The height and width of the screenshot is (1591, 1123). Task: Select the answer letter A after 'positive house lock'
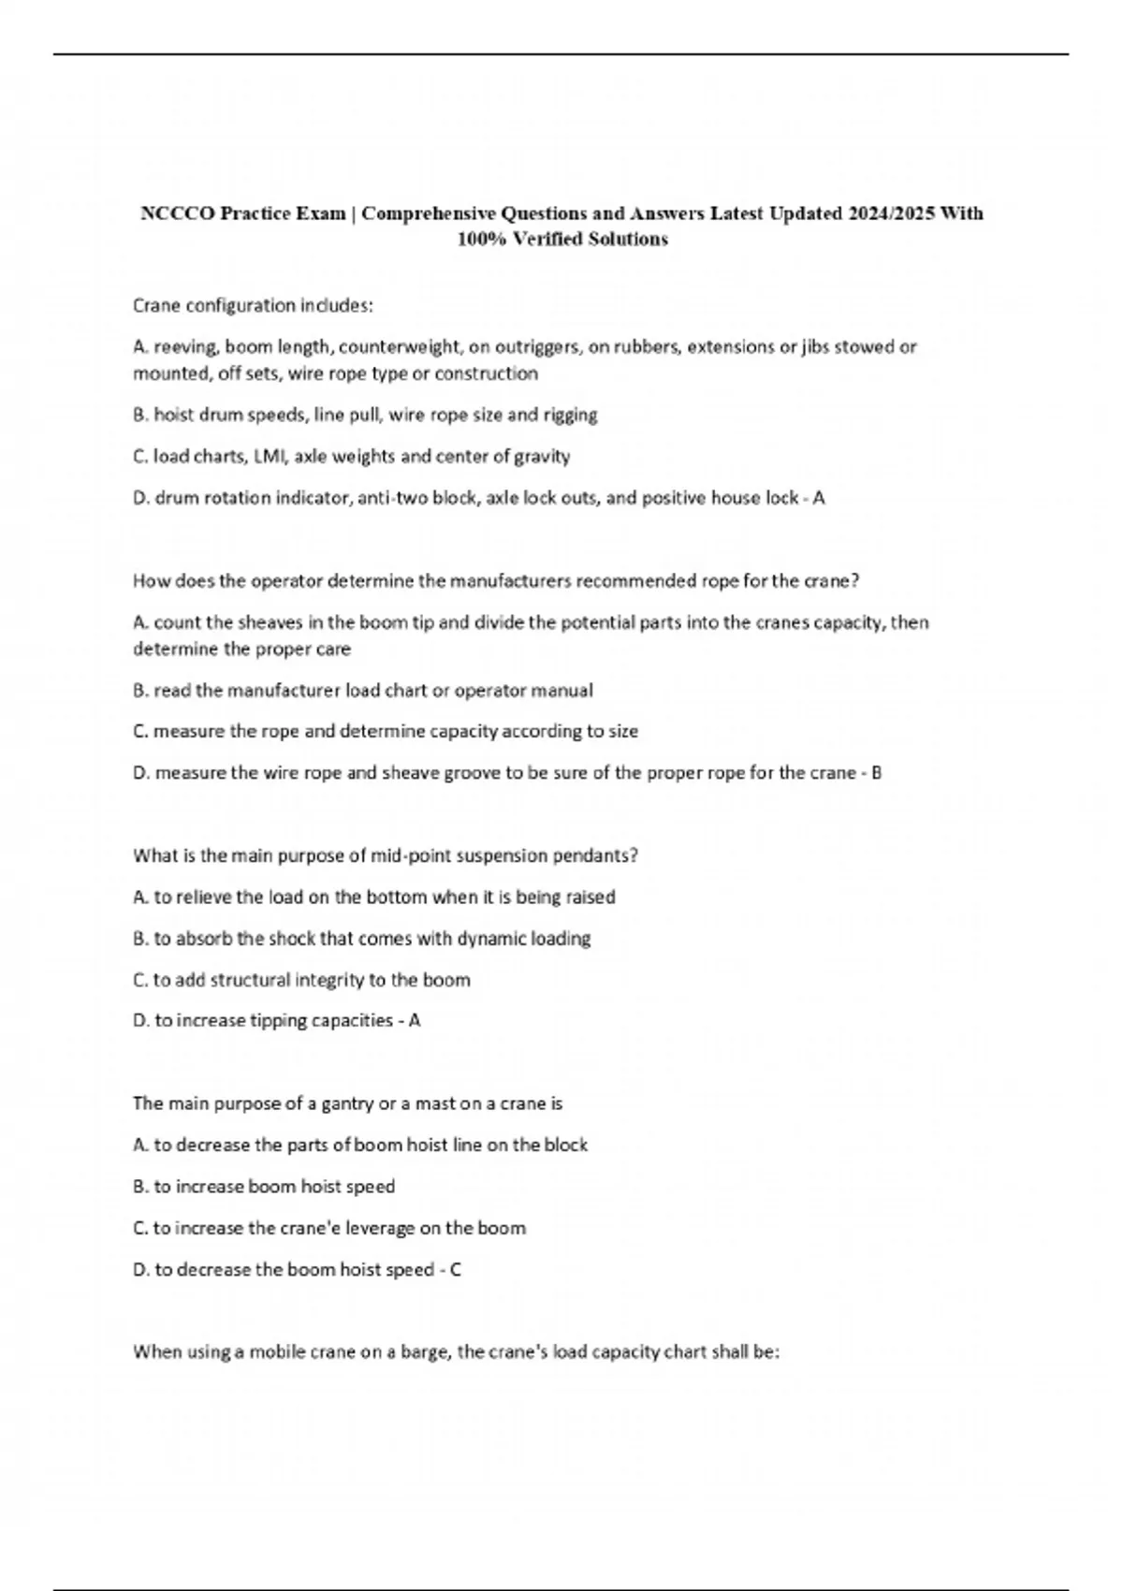pyautogui.click(x=819, y=498)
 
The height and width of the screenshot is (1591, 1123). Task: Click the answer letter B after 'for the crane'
pyautogui.click(x=876, y=773)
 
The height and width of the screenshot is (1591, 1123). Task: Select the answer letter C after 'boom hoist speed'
pyautogui.click(x=456, y=1270)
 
